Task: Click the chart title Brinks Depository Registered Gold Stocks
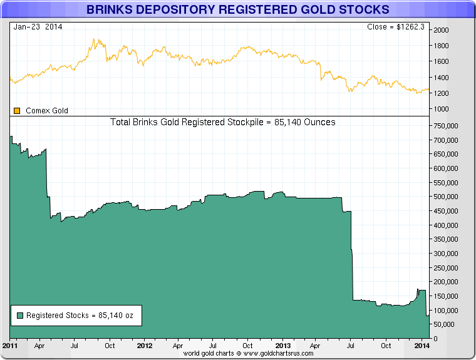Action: pyautogui.click(x=237, y=10)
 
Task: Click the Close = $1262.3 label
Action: pyautogui.click(x=396, y=27)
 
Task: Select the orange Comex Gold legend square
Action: pyautogui.click(x=17, y=111)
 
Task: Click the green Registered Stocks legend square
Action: pyautogui.click(x=19, y=316)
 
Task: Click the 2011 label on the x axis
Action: pyautogui.click(x=9, y=346)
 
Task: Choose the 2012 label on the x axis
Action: pyautogui.click(x=145, y=346)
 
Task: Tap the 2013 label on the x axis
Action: pyautogui.click(x=283, y=346)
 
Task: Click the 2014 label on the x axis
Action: pyautogui.click(x=422, y=346)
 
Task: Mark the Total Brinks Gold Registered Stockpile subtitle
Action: pyautogui.click(x=222, y=122)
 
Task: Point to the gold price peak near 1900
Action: pyautogui.click(x=95, y=39)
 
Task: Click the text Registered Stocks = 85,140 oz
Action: pyautogui.click(x=80, y=316)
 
